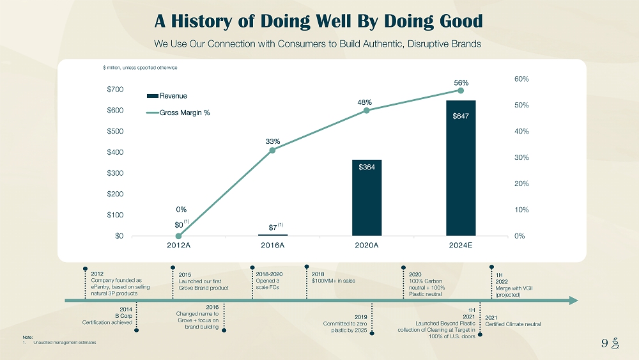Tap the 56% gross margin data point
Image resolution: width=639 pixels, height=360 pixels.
pyautogui.click(x=461, y=90)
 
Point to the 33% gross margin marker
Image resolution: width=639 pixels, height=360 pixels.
pyautogui.click(x=273, y=150)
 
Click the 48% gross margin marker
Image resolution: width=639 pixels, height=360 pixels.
pyautogui.click(x=367, y=111)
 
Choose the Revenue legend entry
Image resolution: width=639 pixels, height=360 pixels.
pyautogui.click(x=167, y=96)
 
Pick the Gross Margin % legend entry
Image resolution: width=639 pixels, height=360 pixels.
pyautogui.click(x=178, y=113)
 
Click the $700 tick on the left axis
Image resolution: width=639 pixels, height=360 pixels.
pyautogui.click(x=115, y=90)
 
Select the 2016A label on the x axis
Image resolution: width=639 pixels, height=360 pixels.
pyautogui.click(x=273, y=246)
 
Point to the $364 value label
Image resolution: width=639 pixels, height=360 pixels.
pyautogui.click(x=367, y=167)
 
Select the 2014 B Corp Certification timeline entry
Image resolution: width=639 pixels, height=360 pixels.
pyautogui.click(x=108, y=316)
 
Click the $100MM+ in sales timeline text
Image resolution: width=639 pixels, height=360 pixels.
pyautogui.click(x=334, y=280)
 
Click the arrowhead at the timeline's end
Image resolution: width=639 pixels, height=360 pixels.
pyautogui.click(x=573, y=301)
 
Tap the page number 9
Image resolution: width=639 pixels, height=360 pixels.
pyautogui.click(x=604, y=342)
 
